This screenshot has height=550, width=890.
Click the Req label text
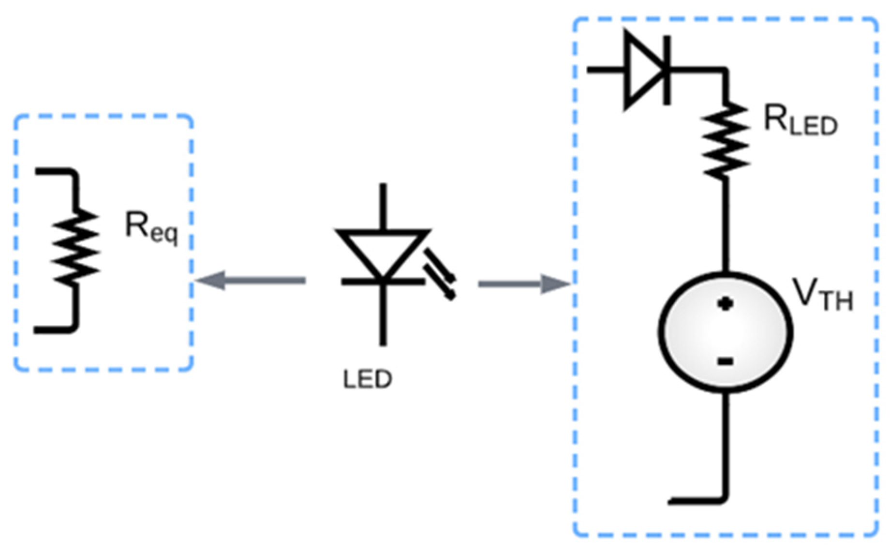point(151,227)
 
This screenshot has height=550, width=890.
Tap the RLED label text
point(800,120)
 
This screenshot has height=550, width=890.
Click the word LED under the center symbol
point(368,380)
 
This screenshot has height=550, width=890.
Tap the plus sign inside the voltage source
point(725,303)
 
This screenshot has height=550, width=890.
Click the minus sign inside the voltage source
point(725,361)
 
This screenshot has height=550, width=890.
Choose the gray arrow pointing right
point(524,284)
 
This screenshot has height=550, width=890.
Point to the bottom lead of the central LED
point(383,314)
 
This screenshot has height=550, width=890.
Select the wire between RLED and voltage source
point(725,225)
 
